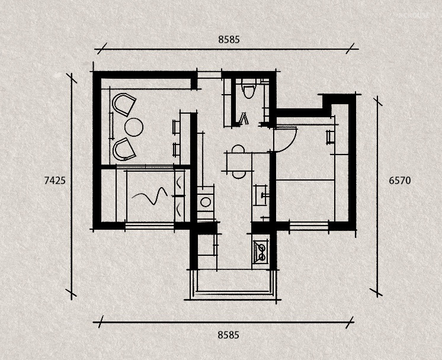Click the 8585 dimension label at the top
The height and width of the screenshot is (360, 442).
(229, 40)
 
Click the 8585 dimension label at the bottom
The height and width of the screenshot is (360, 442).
(229, 335)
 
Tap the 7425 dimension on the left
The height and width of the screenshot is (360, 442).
(55, 180)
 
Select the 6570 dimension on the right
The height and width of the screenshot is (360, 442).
(400, 180)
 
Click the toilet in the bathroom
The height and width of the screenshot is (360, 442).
(249, 88)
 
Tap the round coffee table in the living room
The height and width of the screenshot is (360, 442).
(134, 127)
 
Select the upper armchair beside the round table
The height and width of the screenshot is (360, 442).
(124, 104)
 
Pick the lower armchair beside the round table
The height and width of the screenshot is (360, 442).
(124, 149)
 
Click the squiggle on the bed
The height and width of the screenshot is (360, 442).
(150, 195)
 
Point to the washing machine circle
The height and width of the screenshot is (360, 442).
(206, 202)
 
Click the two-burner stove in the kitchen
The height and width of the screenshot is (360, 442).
(261, 252)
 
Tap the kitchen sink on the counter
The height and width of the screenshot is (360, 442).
(261, 195)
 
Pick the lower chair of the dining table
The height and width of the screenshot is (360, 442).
(239, 175)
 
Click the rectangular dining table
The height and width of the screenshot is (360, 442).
(239, 162)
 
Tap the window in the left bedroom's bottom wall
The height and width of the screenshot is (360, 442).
(149, 226)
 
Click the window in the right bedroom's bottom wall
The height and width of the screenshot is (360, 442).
(309, 226)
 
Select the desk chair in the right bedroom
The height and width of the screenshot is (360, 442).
(330, 137)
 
